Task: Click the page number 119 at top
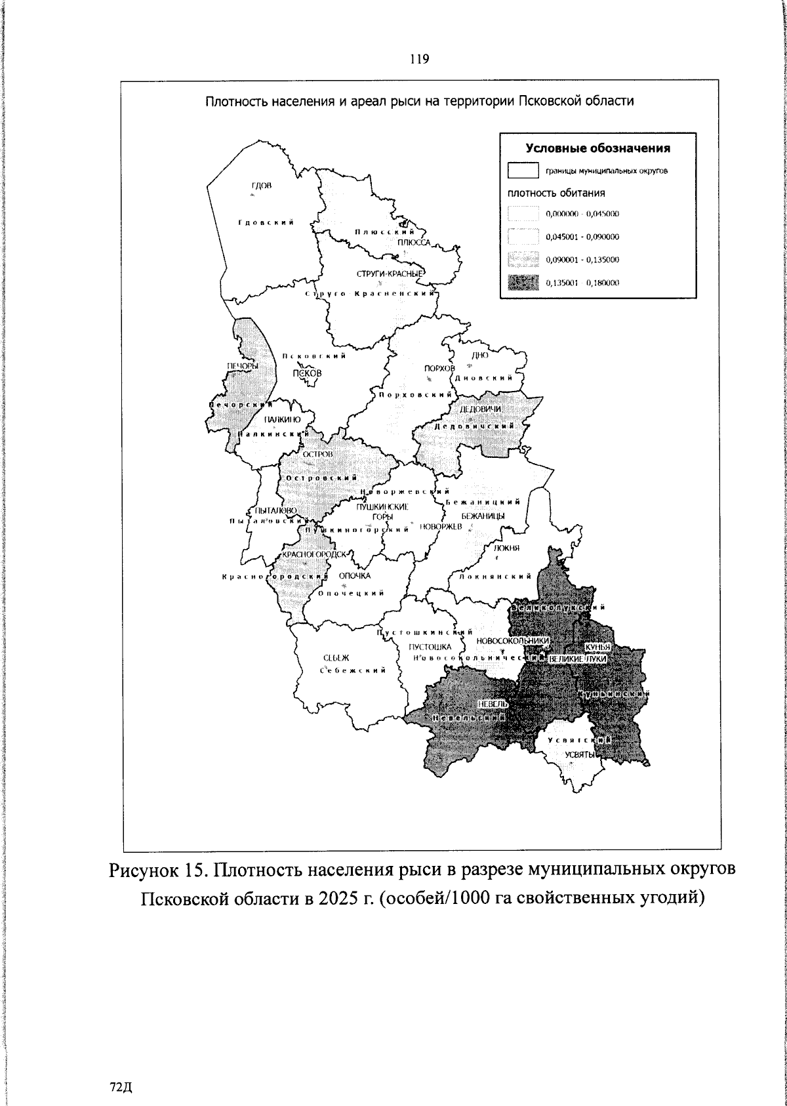pyautogui.click(x=419, y=60)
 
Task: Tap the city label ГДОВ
pyautogui.click(x=261, y=186)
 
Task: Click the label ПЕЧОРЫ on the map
pyautogui.click(x=243, y=365)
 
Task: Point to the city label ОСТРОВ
pyautogui.click(x=318, y=454)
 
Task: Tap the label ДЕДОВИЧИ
pyautogui.click(x=480, y=409)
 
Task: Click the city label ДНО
pyautogui.click(x=480, y=355)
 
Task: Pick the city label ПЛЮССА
pyautogui.click(x=413, y=242)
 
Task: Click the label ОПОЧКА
pyautogui.click(x=355, y=575)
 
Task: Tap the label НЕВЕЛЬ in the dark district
pyautogui.click(x=493, y=703)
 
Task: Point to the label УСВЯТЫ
pyautogui.click(x=579, y=754)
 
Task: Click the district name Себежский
pyautogui.click(x=352, y=670)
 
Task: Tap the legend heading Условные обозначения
pyautogui.click(x=598, y=148)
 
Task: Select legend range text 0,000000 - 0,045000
pyautogui.click(x=582, y=214)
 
